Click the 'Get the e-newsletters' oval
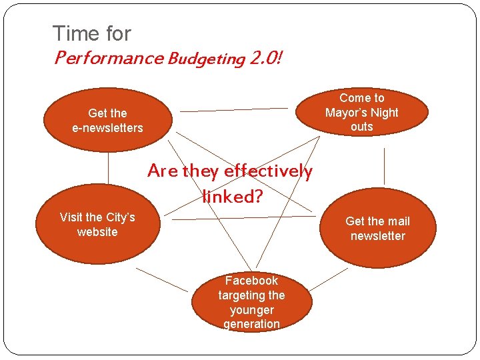(107, 120)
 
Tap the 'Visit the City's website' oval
(97, 225)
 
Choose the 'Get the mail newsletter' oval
(378, 229)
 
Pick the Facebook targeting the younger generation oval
(251, 302)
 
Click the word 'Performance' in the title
(108, 58)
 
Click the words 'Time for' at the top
(91, 33)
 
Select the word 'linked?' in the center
(233, 197)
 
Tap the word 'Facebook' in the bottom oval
(251, 281)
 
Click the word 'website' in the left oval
(97, 232)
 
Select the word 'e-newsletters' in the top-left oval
(107, 127)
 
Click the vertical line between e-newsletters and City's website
(108, 167)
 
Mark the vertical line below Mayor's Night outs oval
(384, 165)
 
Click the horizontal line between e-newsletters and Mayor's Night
(234, 109)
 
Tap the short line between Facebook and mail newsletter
(328, 280)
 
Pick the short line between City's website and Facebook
(162, 280)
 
